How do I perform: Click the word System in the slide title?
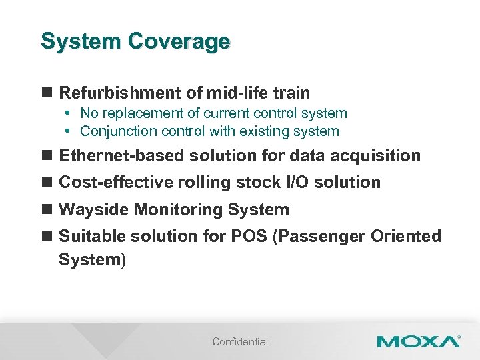pyautogui.click(x=81, y=41)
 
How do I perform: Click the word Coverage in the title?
pyautogui.click(x=179, y=41)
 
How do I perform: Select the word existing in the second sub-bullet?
pyautogui.click(x=270, y=131)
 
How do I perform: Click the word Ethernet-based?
pyautogui.click(x=122, y=156)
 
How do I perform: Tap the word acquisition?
pyautogui.click(x=377, y=156)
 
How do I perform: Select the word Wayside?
pyautogui.click(x=95, y=210)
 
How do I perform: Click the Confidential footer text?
pyautogui.click(x=240, y=342)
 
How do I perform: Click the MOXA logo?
pyautogui.click(x=417, y=341)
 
